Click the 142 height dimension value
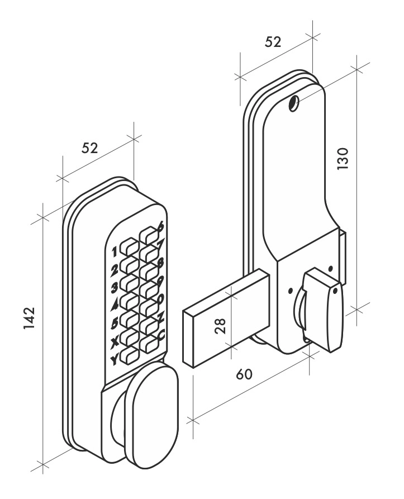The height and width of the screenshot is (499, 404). [29, 319]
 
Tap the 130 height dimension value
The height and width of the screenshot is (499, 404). [343, 159]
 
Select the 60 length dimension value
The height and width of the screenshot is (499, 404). [244, 374]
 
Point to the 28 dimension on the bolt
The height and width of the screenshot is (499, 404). [220, 326]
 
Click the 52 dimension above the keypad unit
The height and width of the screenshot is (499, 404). [90, 148]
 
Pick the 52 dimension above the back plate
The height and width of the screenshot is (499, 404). [273, 42]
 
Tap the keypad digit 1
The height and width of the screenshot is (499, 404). [115, 253]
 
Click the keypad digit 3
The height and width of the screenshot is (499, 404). [115, 288]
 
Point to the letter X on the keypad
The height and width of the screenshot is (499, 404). [115, 342]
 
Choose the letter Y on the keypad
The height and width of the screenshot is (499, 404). [114, 360]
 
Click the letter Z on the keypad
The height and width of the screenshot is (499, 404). [161, 317]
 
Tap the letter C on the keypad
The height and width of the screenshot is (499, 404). [161, 335]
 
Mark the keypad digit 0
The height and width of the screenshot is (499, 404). [161, 298]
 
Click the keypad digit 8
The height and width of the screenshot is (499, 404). [160, 263]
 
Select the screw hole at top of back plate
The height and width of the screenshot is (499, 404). [293, 103]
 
